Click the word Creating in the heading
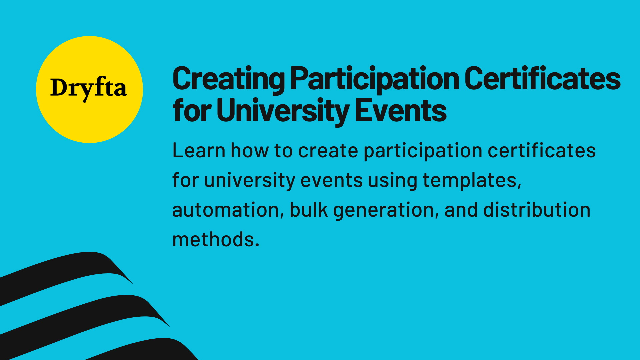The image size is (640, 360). coord(229,79)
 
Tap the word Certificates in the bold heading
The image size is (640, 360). coord(542,79)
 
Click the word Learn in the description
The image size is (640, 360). coord(199,151)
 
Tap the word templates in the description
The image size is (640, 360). coord(472,180)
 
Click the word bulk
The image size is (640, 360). coord(308,210)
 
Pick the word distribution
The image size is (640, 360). coord(537,210)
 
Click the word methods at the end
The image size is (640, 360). coord(215,239)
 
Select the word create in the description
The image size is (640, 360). coord(328,151)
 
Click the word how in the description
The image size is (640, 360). coord(249,151)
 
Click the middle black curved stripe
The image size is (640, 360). coord(83,313)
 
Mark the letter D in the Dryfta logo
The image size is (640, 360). coord(59,88)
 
